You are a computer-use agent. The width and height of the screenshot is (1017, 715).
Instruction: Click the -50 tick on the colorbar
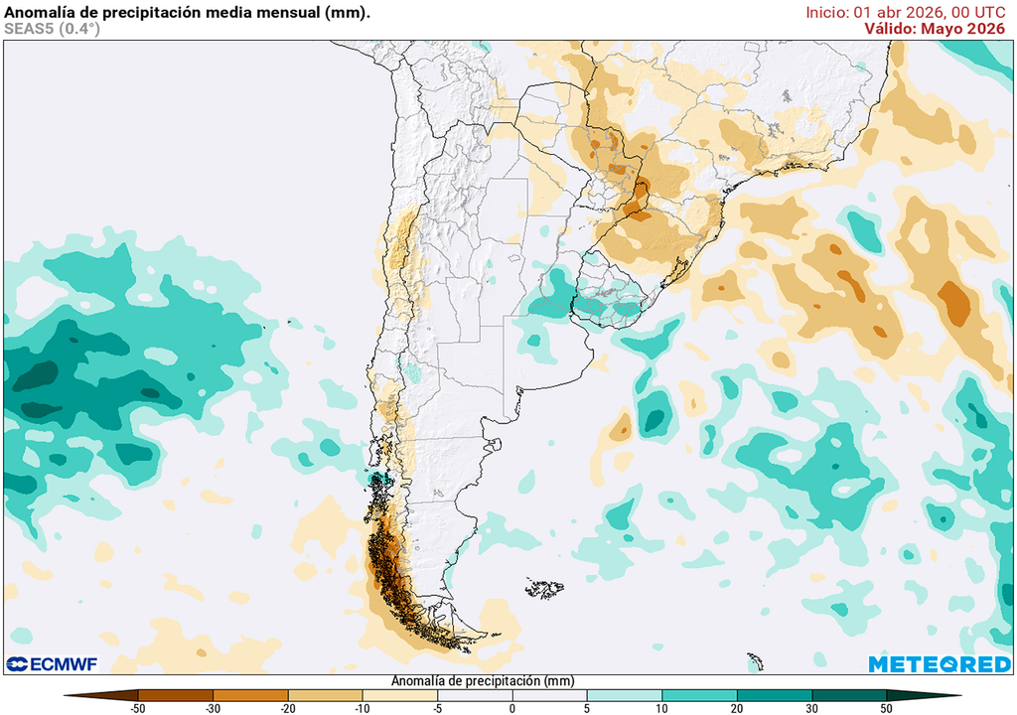click(x=138, y=708)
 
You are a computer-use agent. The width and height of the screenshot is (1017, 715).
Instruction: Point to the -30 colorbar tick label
click(x=213, y=708)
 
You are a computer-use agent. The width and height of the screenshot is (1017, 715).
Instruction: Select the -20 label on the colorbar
click(x=287, y=708)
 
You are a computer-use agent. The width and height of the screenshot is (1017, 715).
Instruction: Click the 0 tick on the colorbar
click(x=512, y=708)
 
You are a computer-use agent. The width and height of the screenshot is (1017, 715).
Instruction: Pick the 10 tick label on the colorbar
click(x=661, y=708)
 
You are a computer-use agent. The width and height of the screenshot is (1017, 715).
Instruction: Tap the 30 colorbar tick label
click(x=811, y=708)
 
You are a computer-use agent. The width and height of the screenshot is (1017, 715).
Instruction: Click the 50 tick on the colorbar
click(x=886, y=708)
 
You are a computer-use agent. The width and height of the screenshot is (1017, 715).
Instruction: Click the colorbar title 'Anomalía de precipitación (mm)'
click(x=483, y=681)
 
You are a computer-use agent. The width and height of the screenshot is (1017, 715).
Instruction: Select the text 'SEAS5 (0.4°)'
click(x=52, y=29)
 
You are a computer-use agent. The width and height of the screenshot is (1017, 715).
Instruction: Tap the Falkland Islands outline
click(x=544, y=589)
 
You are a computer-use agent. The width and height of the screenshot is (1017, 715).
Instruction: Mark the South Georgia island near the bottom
click(x=756, y=660)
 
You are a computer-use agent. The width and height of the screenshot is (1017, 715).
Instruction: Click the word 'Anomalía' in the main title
click(x=39, y=12)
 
